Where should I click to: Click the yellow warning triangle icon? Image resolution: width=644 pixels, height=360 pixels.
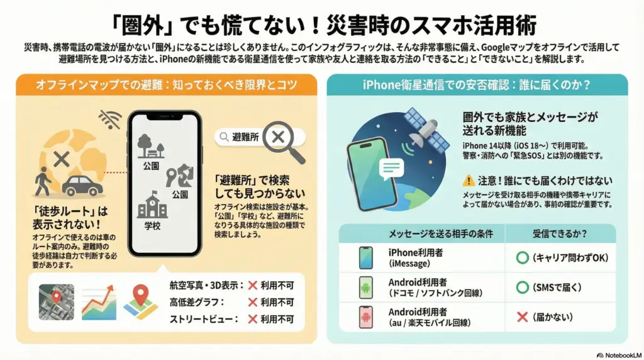click(469, 181)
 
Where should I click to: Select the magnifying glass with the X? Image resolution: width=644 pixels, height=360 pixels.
click(284, 142)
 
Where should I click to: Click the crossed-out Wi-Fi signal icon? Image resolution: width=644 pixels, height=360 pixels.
click(110, 120)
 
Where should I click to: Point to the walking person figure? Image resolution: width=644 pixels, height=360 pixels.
click(42, 181)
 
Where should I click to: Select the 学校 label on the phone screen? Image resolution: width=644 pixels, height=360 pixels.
click(152, 225)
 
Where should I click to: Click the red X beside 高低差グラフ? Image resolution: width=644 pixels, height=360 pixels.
click(253, 303)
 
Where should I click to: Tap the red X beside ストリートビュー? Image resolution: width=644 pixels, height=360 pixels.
click(253, 319)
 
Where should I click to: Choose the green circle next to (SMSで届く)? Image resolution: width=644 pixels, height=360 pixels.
click(522, 287)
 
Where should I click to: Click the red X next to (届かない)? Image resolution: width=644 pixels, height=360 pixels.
click(522, 317)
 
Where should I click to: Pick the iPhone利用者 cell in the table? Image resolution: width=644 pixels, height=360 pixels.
click(416, 257)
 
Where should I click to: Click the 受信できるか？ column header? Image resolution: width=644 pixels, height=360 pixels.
click(560, 234)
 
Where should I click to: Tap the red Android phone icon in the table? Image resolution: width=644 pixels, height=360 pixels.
click(365, 317)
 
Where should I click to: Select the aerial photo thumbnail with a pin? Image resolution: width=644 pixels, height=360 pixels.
click(56, 302)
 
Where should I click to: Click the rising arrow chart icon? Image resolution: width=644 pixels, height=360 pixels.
click(99, 303)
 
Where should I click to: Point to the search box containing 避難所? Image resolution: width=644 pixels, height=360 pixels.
click(260, 137)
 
